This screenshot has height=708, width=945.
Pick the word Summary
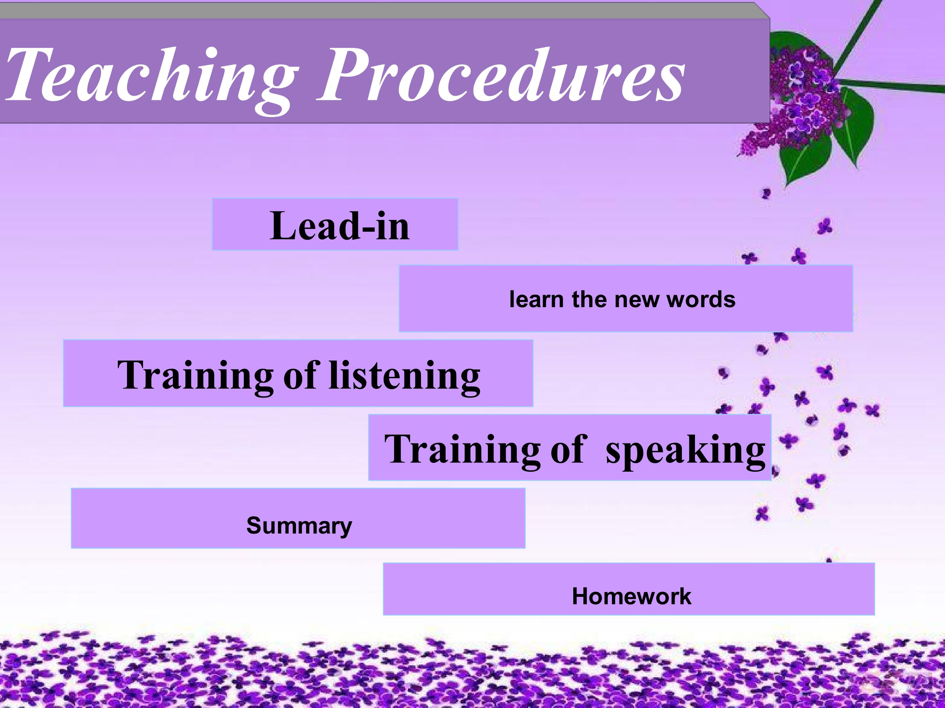[299, 526]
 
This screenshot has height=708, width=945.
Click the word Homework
[631, 596]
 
